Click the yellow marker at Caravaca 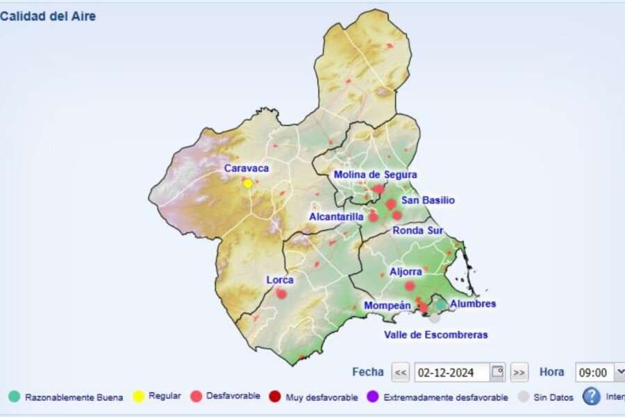[248, 183]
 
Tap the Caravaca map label [246, 168]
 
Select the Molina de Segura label [375, 174]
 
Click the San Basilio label [428, 200]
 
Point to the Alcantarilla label [336, 217]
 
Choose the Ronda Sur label [418, 230]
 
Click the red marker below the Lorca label [281, 293]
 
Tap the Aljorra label [406, 272]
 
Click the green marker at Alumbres [440, 304]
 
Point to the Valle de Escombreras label [435, 335]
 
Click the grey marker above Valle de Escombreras [434, 317]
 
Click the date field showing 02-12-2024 [451, 373]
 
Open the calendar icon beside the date [497, 372]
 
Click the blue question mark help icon [591, 396]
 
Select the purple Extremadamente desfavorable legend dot [372, 397]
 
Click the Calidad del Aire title [48, 16]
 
